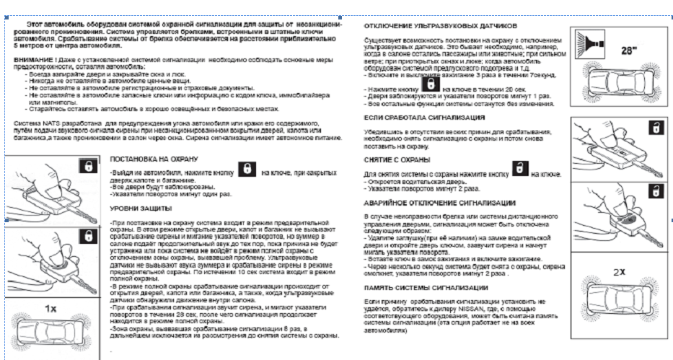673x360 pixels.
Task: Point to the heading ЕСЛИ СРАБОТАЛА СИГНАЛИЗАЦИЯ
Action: [x=419, y=116]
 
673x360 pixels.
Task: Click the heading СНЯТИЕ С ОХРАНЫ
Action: [x=397, y=159]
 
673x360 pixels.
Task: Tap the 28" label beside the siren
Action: [x=630, y=49]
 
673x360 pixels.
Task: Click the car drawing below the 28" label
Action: [x=618, y=84]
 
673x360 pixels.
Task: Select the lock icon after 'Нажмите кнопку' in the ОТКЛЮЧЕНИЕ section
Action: [x=431, y=85]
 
